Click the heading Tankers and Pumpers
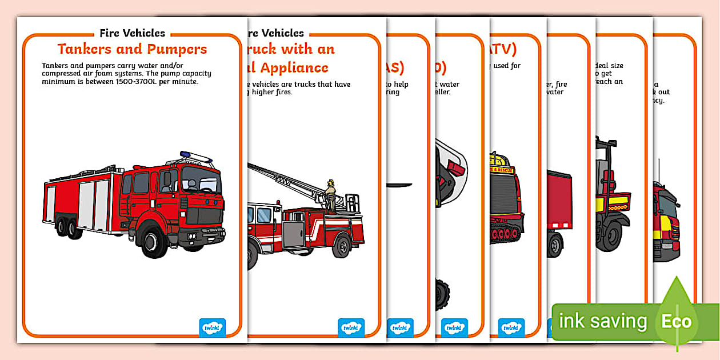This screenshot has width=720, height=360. pyautogui.click(x=132, y=49)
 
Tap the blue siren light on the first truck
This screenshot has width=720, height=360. pyautogui.click(x=185, y=154)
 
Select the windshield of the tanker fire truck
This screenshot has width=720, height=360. pyautogui.click(x=201, y=181)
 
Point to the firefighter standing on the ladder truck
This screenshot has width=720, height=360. pyautogui.click(x=330, y=194)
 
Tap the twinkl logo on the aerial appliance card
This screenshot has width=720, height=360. pyautogui.click(x=351, y=327)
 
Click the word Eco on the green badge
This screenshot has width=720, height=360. pyautogui.click(x=677, y=322)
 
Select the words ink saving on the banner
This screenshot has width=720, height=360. pyautogui.click(x=602, y=321)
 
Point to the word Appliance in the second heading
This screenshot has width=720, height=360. pyautogui.click(x=294, y=67)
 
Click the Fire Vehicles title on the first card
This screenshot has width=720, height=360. pyautogui.click(x=132, y=33)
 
